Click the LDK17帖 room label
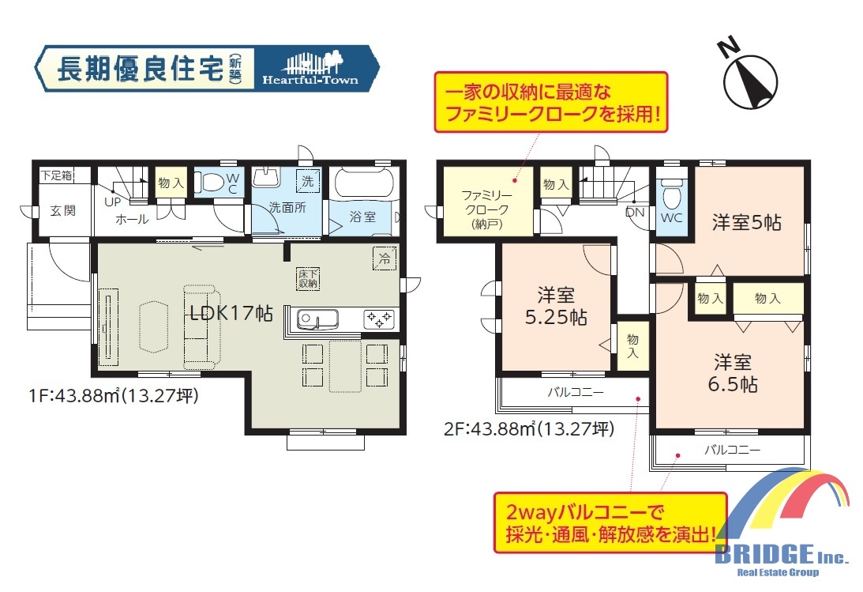coord(231,313)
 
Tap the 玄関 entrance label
coord(62,210)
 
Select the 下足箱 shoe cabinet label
coord(57,175)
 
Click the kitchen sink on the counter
coord(317,319)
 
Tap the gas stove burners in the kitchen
coord(379,319)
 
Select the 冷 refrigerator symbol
coord(385,258)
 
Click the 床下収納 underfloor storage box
coord(308,279)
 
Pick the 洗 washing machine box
coord(308,181)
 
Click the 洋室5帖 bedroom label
coord(746,222)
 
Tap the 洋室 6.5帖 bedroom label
coord(733,373)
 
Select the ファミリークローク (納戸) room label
coord(486,209)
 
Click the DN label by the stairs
coord(635,212)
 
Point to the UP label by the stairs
coord(112,202)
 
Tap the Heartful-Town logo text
coord(310,81)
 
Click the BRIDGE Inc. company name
coord(781,553)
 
